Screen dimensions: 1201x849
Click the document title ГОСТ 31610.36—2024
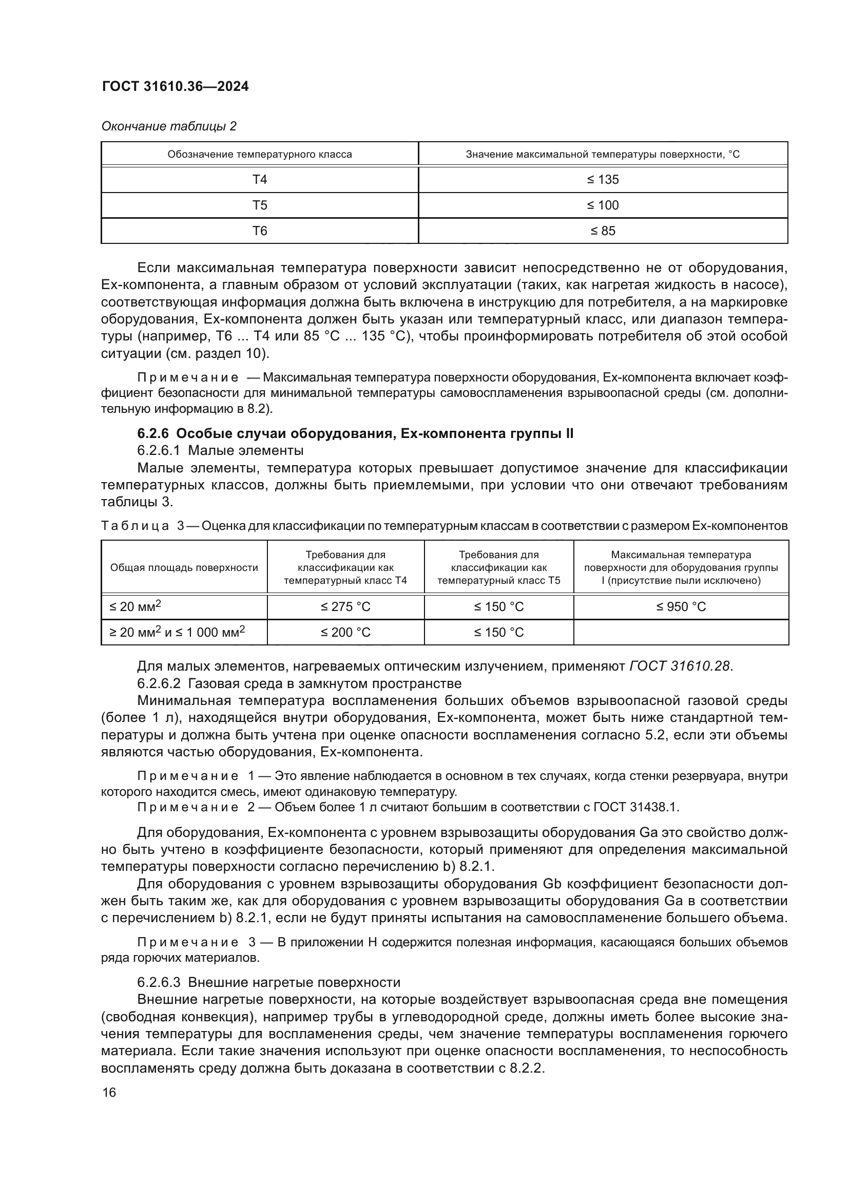(x=175, y=87)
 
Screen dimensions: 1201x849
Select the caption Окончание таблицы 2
(x=168, y=126)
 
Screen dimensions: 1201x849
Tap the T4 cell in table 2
(x=259, y=179)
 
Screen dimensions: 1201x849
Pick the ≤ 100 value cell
(x=602, y=205)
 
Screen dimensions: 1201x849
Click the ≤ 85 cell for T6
(x=602, y=231)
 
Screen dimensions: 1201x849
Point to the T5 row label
(x=259, y=205)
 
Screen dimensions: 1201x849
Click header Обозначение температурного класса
(x=259, y=155)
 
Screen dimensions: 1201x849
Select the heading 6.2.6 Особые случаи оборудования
(x=355, y=434)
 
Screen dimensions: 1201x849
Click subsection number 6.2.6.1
(x=160, y=450)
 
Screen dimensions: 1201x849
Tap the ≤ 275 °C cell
(x=345, y=607)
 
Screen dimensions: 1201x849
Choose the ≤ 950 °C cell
(x=681, y=607)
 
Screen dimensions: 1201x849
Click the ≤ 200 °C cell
(x=345, y=633)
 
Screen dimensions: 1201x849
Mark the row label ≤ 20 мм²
(x=135, y=607)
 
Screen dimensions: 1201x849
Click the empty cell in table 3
(x=681, y=633)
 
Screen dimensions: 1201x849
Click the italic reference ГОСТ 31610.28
(x=680, y=666)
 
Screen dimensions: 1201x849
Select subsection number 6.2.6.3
(x=160, y=982)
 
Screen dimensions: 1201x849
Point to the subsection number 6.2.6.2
(x=160, y=683)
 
